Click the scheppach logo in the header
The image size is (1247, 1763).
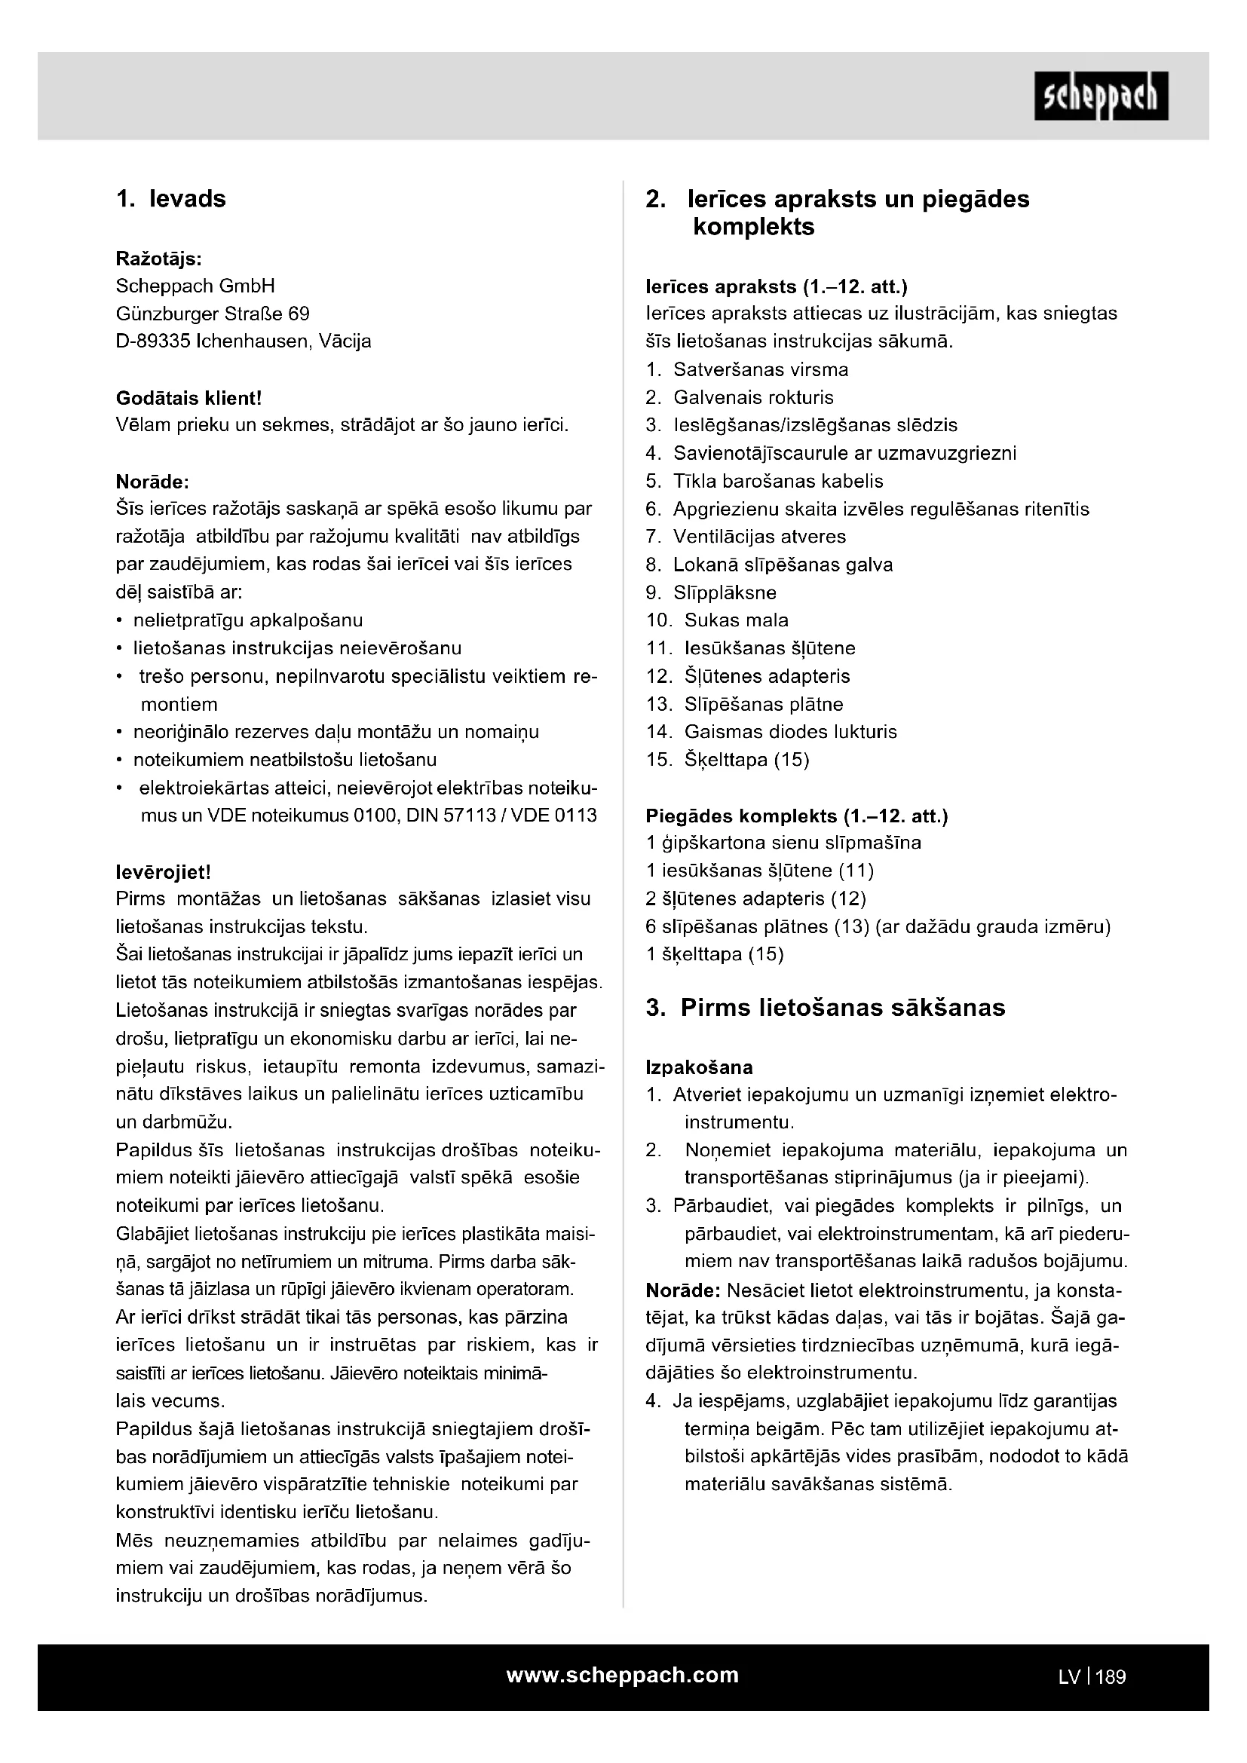click(1100, 96)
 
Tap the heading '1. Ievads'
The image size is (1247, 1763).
click(171, 199)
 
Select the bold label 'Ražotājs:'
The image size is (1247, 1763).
click(159, 259)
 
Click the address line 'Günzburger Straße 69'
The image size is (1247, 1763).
click(213, 314)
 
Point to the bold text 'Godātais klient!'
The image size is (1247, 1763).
click(189, 398)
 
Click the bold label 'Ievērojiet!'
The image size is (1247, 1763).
click(163, 871)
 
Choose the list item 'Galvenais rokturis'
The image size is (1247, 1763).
click(752, 398)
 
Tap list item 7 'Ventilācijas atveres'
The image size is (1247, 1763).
click(758, 537)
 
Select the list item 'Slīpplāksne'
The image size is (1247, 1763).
click(724, 592)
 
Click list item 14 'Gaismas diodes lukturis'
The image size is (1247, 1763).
click(790, 732)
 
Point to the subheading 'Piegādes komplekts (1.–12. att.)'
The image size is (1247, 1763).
click(796, 816)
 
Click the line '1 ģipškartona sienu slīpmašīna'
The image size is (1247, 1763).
click(783, 843)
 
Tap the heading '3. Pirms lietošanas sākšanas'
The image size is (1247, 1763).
click(826, 1008)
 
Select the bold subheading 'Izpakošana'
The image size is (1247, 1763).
click(699, 1067)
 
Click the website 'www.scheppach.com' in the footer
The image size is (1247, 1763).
click(622, 1675)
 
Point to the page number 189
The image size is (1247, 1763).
click(1111, 1677)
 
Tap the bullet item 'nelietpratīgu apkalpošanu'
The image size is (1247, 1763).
click(247, 620)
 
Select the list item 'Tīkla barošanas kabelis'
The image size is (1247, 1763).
click(778, 482)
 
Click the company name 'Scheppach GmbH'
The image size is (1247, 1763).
click(195, 286)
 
